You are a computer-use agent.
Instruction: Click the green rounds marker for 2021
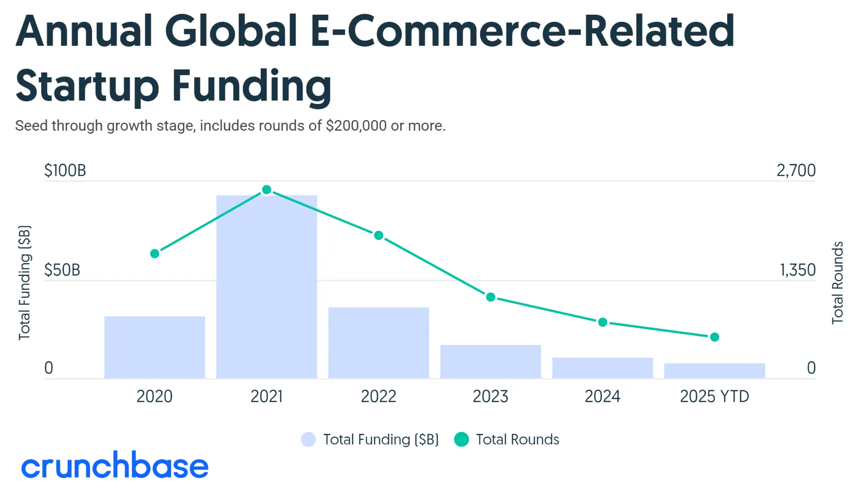(267, 190)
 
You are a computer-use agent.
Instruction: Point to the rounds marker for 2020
(155, 254)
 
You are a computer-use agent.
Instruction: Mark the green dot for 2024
(602, 322)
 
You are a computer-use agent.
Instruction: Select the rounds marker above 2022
(379, 236)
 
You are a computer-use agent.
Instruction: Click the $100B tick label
(65, 171)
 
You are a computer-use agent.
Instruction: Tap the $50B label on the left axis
(62, 270)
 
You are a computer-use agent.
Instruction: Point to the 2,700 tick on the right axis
(796, 171)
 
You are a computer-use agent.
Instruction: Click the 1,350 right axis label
(797, 270)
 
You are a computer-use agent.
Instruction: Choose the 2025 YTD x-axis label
(714, 396)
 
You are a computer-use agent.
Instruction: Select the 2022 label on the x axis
(379, 396)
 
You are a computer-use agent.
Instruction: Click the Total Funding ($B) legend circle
(308, 440)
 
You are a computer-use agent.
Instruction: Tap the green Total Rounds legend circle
(462, 440)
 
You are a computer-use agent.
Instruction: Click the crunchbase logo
(115, 466)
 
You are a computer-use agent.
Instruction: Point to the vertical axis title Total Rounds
(837, 283)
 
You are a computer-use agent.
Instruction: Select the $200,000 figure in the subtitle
(356, 126)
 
